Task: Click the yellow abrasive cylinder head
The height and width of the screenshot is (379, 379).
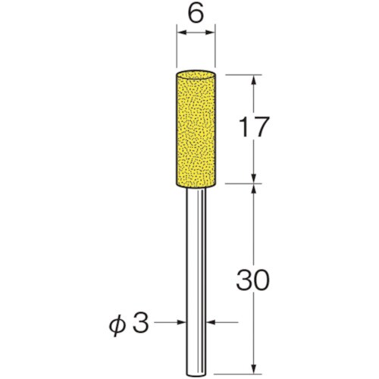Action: pos(196,130)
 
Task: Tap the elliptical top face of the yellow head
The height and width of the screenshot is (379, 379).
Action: pos(196,74)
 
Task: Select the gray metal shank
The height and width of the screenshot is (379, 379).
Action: pos(196,283)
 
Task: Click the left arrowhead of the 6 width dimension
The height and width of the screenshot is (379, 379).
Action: pos(181,33)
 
